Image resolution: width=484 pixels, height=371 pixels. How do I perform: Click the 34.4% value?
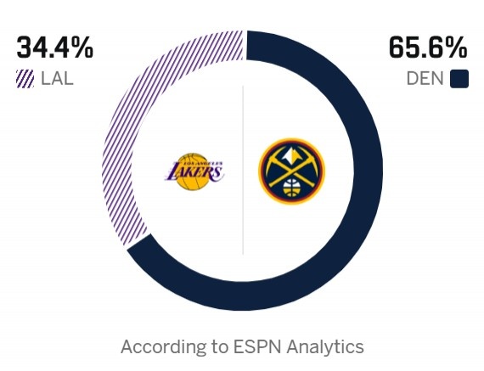(55, 48)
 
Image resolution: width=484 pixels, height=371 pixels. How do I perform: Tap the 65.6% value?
(429, 48)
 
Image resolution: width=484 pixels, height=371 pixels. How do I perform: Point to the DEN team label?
(425, 80)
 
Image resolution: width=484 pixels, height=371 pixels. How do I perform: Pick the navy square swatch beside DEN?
(459, 80)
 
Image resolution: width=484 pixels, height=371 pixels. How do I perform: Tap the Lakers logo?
(194, 171)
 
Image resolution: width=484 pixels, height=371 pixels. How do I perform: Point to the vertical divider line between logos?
(244, 170)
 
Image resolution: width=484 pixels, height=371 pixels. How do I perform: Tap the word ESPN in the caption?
(253, 347)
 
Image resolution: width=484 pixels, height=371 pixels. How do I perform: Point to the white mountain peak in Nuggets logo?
(291, 157)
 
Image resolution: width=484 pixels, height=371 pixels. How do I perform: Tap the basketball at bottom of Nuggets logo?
(291, 188)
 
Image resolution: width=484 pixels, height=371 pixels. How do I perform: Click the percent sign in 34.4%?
(81, 48)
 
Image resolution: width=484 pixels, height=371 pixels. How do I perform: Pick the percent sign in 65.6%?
(455, 48)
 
